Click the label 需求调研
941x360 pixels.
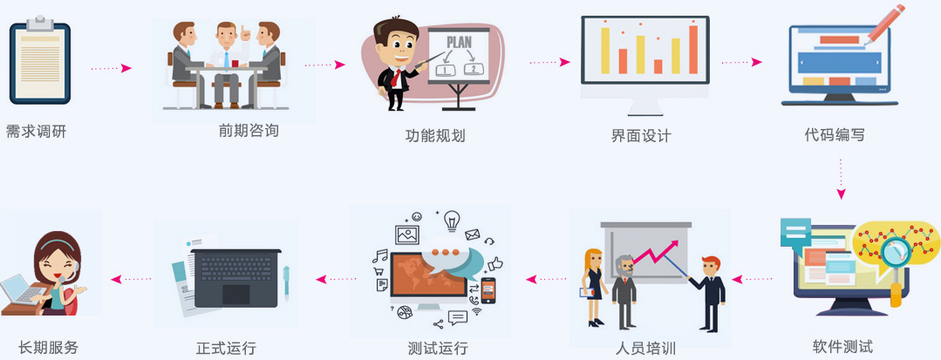36,132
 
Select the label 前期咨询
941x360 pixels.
249,131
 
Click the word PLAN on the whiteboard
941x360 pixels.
459,41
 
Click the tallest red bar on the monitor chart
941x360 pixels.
693,49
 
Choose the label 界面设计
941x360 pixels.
641,135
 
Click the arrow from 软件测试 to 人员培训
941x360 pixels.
752,280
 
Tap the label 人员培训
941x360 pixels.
645,349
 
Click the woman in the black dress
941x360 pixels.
595,286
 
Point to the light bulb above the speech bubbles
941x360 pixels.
451,221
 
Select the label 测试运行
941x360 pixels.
438,348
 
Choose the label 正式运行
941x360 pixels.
227,348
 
